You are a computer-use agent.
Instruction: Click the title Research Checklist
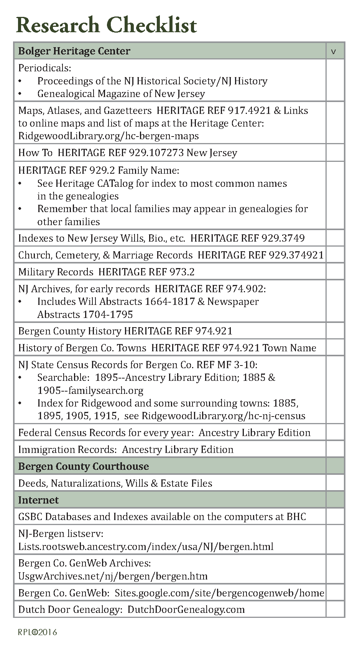106,25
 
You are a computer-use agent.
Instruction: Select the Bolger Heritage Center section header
74,51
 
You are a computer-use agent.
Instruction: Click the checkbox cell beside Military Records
335,272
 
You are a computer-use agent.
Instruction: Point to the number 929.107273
156,153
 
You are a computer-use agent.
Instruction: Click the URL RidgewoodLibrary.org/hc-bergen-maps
108,136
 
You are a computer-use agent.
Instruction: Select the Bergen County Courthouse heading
84,466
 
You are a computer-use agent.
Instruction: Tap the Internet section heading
38,500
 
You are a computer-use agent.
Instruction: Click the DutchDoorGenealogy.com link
186,609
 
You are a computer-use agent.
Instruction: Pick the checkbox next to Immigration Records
335,449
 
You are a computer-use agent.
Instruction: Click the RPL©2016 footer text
38,632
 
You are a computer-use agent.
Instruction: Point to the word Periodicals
44,68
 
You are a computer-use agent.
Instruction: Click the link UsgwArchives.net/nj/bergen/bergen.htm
113,576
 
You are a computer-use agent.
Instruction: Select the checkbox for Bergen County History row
335,331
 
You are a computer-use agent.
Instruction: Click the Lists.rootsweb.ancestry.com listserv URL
146,546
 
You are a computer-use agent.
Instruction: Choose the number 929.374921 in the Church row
296,255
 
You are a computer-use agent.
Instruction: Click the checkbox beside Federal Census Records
335,432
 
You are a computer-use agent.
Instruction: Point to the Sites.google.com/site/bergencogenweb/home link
219,593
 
